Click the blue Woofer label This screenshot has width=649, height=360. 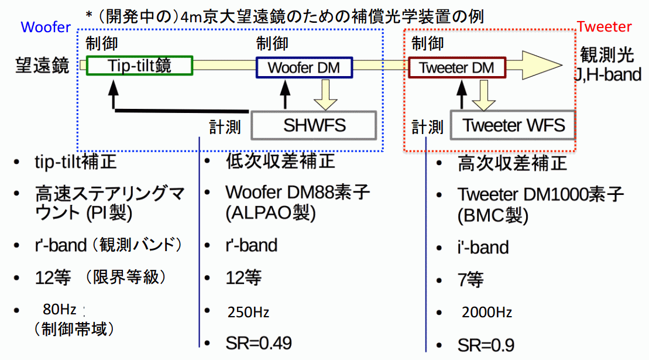pos(46,27)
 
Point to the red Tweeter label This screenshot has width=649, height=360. pos(605,26)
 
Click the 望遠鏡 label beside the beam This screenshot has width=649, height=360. pos(42,66)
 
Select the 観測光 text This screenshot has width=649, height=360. pos(607,54)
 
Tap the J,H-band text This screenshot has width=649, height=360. pos(607,74)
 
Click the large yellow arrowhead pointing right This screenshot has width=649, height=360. pos(541,65)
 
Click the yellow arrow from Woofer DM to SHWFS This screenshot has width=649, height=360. pos(325,95)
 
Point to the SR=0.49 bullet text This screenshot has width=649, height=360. pos(259,343)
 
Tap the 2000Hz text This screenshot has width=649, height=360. pos(487,312)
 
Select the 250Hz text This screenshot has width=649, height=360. pos(248,312)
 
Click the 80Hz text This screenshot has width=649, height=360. pos(60,309)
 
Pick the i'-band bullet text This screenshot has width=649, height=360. pos(483,248)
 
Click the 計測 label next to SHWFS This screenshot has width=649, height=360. pos(225,127)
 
